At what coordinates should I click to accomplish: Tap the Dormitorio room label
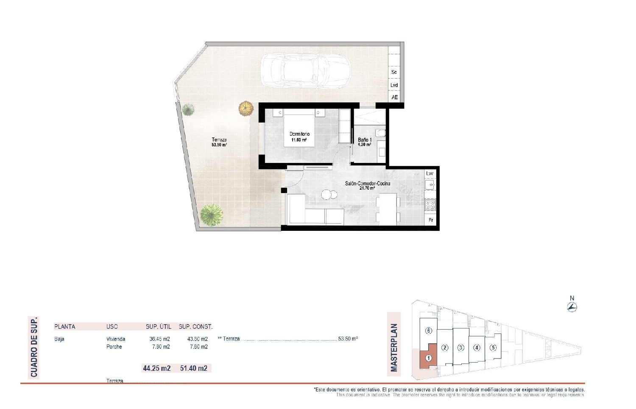pyautogui.click(x=299, y=134)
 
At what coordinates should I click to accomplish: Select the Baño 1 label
pyautogui.click(x=365, y=140)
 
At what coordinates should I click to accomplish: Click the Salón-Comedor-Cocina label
pyautogui.click(x=367, y=184)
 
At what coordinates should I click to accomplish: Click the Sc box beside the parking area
pyautogui.click(x=394, y=72)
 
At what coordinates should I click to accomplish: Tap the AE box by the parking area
pyautogui.click(x=394, y=98)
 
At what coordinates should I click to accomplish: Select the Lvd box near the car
pyautogui.click(x=394, y=85)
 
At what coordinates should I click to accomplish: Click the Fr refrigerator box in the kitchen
pyautogui.click(x=430, y=220)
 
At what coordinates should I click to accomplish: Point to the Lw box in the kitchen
pyautogui.click(x=430, y=174)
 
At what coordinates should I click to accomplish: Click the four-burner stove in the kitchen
pyautogui.click(x=430, y=205)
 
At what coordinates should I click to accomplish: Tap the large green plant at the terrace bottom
pyautogui.click(x=211, y=215)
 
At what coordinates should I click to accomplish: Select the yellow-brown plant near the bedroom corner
pyautogui.click(x=245, y=108)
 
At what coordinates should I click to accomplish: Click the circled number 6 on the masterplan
pyautogui.click(x=429, y=331)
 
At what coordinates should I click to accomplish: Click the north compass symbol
pyautogui.click(x=572, y=307)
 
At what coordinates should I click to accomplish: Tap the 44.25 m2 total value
pyautogui.click(x=156, y=368)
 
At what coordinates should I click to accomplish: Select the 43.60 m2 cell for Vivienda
pyautogui.click(x=197, y=339)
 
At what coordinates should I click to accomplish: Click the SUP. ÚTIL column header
pyautogui.click(x=159, y=327)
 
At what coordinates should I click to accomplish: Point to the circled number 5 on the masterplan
pyautogui.click(x=492, y=348)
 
